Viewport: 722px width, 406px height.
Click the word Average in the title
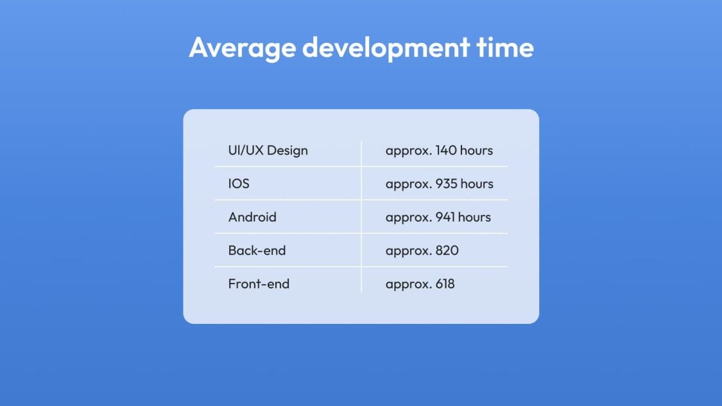click(242, 48)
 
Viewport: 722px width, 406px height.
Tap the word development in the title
click(386, 47)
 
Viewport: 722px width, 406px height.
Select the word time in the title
click(505, 47)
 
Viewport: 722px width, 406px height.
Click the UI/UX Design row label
click(268, 151)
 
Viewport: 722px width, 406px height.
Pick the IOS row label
click(239, 183)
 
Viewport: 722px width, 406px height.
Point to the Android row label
click(252, 217)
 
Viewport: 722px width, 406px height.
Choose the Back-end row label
click(257, 250)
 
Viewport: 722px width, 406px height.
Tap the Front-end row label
click(259, 283)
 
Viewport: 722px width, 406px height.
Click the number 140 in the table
click(446, 150)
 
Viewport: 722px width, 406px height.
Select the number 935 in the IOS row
click(447, 183)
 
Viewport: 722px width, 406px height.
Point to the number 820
click(447, 250)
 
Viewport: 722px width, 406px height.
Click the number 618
click(445, 283)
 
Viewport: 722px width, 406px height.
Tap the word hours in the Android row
click(474, 217)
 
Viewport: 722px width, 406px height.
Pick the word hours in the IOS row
click(477, 183)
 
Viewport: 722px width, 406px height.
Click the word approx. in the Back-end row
click(409, 251)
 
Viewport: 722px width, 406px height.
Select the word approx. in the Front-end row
click(409, 285)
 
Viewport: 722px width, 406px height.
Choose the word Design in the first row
click(288, 151)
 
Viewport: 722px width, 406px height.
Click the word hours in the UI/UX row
click(476, 150)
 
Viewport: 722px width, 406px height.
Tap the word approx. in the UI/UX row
click(409, 151)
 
